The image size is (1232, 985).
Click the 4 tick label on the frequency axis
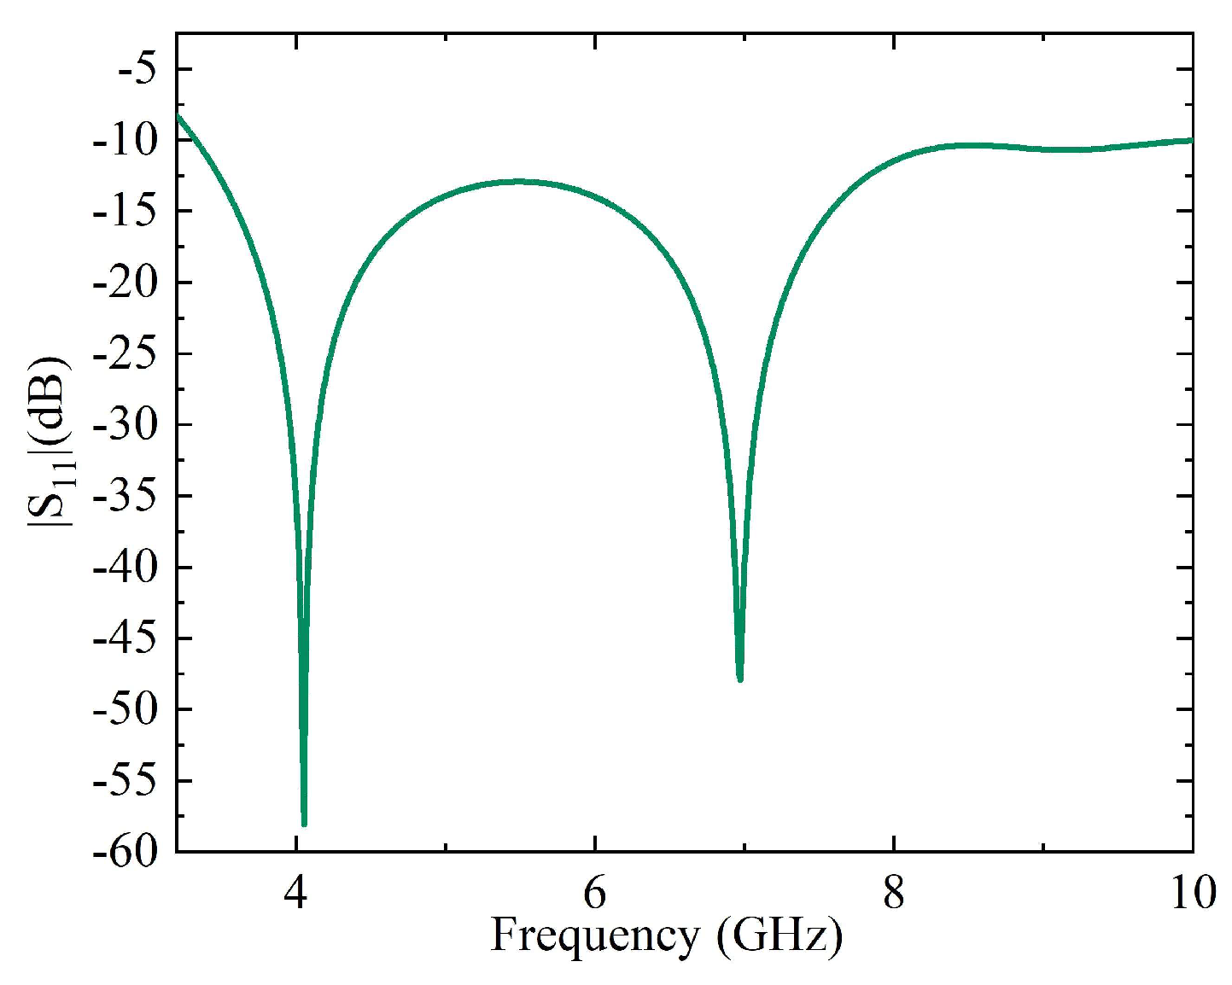pos(295,893)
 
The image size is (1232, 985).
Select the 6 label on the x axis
pos(594,893)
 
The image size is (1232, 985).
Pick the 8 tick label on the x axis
pos(893,893)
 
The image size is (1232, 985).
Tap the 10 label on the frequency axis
pos(1192,893)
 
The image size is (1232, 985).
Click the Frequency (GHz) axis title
pos(666,935)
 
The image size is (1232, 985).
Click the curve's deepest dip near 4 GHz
pos(304,824)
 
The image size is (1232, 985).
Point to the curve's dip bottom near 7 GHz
pos(740,679)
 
